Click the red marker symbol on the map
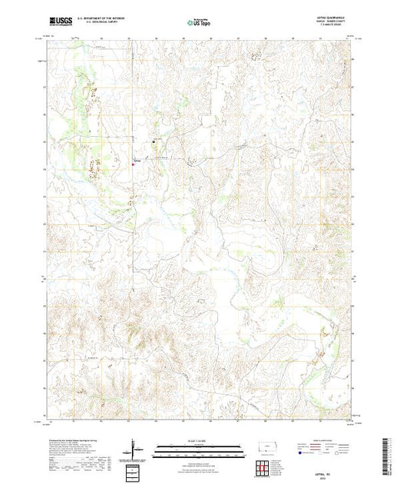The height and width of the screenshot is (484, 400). tap(135, 162)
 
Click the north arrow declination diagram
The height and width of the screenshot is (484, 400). tap(134, 447)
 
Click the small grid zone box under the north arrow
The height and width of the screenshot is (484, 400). tap(134, 469)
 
